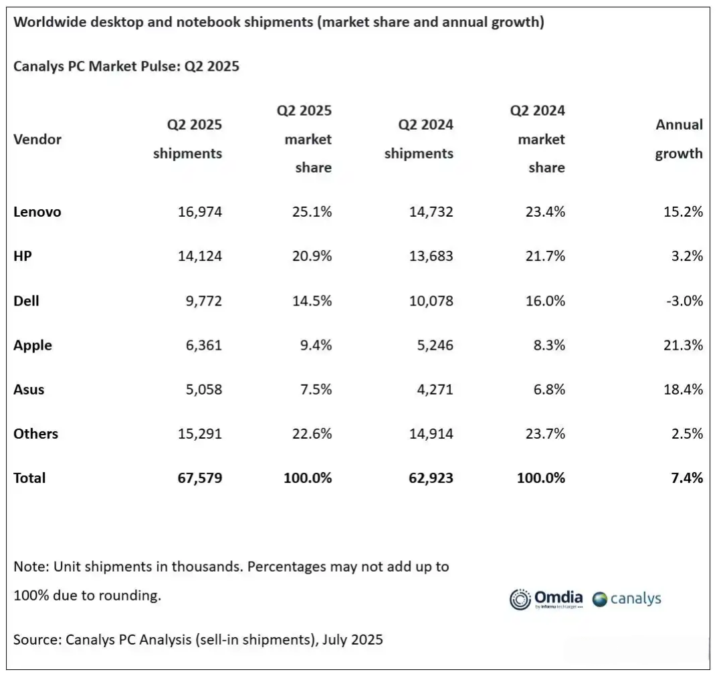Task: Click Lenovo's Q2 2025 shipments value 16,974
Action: [200, 212]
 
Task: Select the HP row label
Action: [23, 256]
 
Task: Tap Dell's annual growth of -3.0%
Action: [684, 301]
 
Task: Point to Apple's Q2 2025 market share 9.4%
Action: [316, 345]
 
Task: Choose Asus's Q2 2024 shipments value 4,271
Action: [435, 390]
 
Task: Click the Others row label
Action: [35, 434]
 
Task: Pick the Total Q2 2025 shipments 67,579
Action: [200, 478]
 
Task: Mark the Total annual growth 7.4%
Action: [687, 478]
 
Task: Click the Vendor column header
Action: [37, 140]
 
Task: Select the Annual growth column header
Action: [679, 139]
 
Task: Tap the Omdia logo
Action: [546, 599]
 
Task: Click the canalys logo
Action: [627, 599]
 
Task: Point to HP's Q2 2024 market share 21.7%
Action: [545, 256]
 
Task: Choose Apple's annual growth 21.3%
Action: [683, 345]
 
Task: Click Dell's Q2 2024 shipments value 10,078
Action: [431, 301]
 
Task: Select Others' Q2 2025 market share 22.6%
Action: [312, 434]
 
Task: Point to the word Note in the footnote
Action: [31, 567]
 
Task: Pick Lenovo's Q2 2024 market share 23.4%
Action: [545, 212]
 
